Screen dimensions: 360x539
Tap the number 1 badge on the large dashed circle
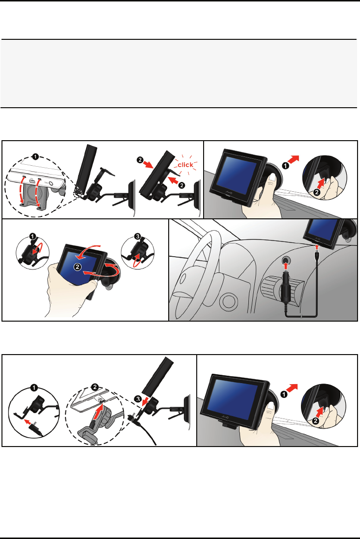coord(35,157)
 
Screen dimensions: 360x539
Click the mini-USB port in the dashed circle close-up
coord(31,181)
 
